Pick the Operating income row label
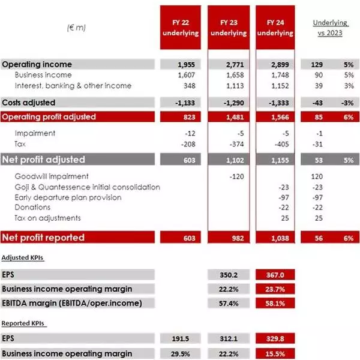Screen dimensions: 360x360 [37, 64]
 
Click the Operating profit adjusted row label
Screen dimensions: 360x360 [49, 116]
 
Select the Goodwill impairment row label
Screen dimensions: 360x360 [52, 176]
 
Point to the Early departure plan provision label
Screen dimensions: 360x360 [68, 197]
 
